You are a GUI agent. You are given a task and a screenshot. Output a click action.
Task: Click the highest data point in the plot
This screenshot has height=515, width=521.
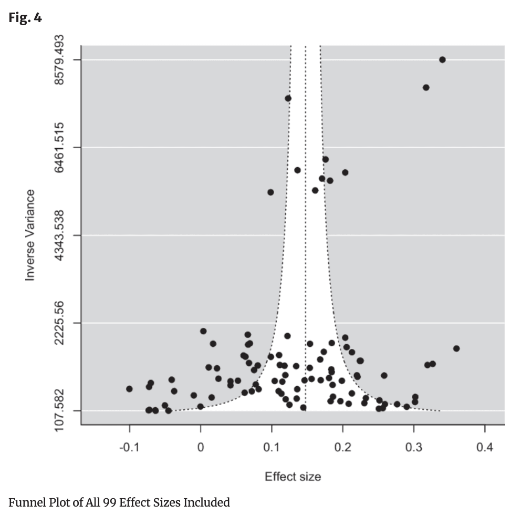[442, 59]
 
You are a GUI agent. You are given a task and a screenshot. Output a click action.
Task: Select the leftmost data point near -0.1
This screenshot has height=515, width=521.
[129, 389]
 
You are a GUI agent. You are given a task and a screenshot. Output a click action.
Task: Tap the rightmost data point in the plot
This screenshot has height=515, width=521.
[456, 348]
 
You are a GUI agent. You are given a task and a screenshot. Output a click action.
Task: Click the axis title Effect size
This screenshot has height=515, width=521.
[293, 477]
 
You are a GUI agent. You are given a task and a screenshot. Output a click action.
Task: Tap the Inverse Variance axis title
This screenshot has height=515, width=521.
[30, 235]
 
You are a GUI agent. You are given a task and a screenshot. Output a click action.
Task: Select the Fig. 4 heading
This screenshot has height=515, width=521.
[25, 18]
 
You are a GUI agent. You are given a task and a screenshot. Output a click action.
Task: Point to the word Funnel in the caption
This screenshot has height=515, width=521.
[24, 503]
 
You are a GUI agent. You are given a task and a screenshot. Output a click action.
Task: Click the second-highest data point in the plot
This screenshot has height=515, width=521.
[426, 87]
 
